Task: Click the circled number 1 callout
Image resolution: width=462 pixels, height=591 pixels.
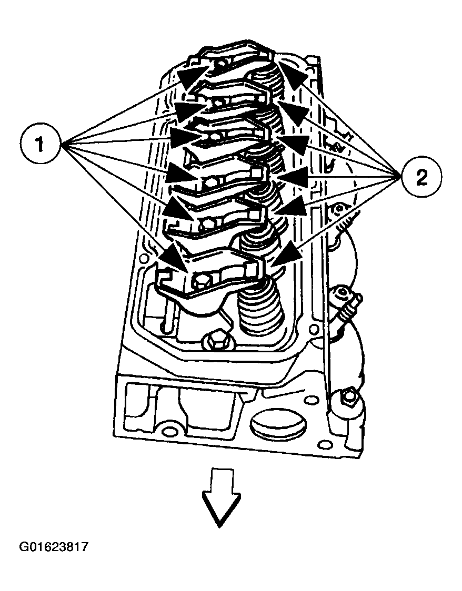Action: (x=40, y=144)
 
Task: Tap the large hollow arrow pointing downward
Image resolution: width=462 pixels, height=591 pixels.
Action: (x=220, y=497)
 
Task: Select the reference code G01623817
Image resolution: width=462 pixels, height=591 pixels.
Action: (x=54, y=547)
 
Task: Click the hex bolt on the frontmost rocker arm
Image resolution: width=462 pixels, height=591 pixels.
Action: (x=202, y=280)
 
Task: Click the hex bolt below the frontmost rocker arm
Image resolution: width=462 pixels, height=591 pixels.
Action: (x=214, y=341)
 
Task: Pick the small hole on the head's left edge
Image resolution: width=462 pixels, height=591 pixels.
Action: (x=143, y=259)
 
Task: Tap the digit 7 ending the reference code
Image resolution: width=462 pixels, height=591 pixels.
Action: (x=84, y=547)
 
